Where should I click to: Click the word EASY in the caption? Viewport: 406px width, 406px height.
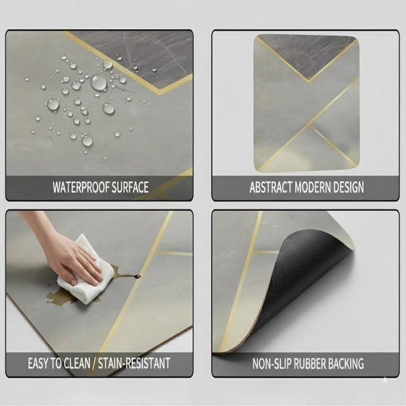point(39,363)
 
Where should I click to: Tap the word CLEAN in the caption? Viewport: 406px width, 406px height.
point(77,363)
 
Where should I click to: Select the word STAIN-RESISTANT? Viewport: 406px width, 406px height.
point(134,363)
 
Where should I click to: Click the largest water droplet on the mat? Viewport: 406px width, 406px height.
point(98,82)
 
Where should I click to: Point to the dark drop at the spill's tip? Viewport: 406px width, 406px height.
point(138,277)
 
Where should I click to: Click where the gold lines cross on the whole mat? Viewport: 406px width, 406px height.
point(308,124)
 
